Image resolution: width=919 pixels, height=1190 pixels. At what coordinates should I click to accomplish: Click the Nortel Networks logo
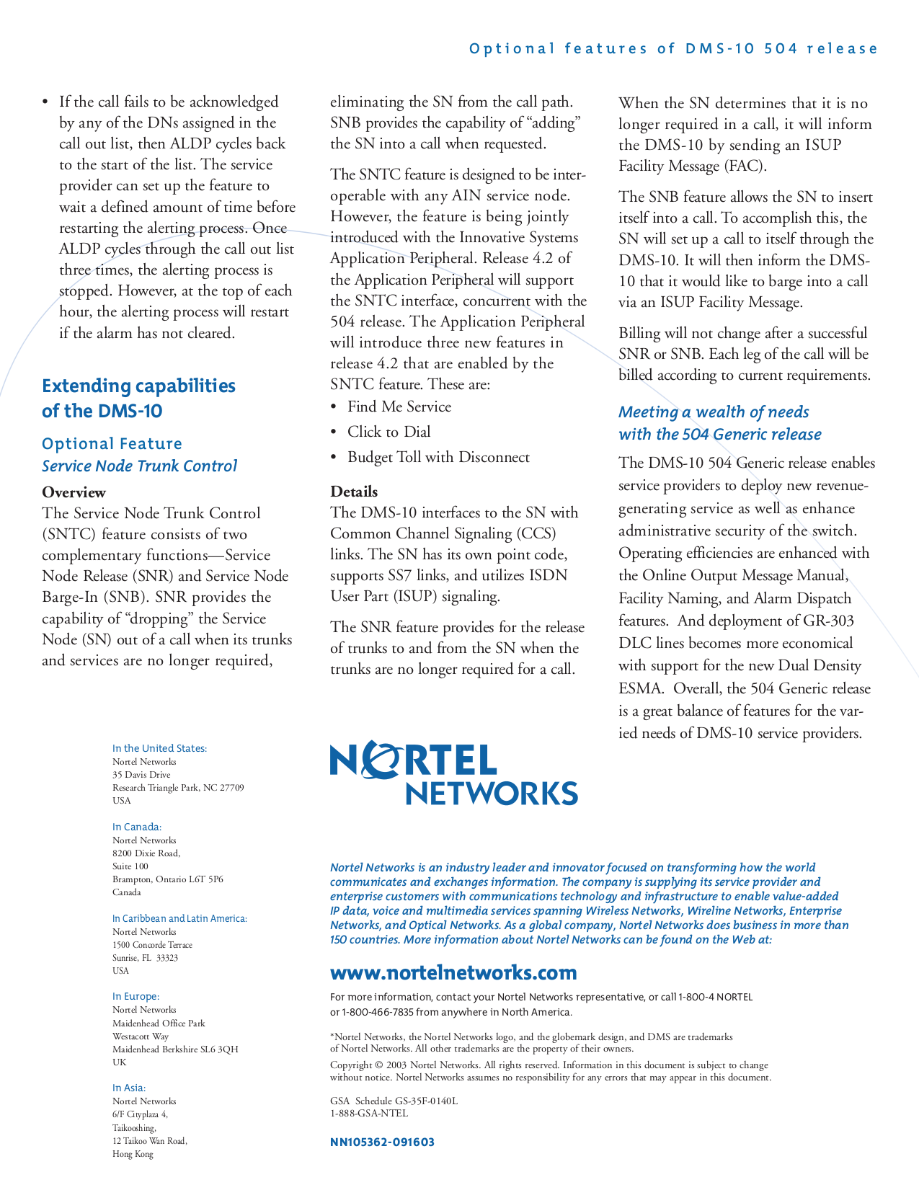(x=453, y=773)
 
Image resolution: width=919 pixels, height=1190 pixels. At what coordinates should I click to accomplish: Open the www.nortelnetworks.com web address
(x=453, y=973)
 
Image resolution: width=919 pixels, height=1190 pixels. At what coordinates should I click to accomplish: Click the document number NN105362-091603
(x=382, y=1142)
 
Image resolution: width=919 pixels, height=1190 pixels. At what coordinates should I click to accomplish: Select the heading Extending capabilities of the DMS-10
(x=138, y=398)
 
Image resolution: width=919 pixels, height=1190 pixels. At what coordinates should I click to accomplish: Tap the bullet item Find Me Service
(x=399, y=407)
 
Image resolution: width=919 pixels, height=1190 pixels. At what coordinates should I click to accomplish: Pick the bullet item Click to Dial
(x=389, y=432)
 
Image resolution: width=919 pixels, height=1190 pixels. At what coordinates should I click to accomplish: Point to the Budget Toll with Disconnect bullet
(x=438, y=457)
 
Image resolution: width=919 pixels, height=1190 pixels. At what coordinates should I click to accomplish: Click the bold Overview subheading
(x=74, y=492)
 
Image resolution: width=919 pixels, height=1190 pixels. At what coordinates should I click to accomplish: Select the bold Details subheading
(x=354, y=492)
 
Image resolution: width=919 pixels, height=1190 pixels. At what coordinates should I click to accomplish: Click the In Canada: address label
(x=137, y=827)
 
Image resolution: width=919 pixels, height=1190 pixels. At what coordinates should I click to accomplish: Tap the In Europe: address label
(x=136, y=996)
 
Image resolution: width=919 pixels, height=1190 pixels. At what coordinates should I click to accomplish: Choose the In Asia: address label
(x=129, y=1088)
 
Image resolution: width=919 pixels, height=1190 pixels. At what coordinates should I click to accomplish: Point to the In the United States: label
(x=159, y=748)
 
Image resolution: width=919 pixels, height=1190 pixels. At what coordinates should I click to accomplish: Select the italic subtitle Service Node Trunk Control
(x=139, y=466)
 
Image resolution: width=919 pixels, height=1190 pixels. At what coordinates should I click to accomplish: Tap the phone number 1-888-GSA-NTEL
(x=368, y=1113)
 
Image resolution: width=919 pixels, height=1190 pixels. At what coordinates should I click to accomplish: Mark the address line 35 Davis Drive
(x=141, y=775)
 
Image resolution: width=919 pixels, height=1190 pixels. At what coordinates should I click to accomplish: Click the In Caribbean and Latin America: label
(x=179, y=918)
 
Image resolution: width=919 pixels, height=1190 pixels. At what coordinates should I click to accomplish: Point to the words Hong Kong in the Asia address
(x=133, y=1154)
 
